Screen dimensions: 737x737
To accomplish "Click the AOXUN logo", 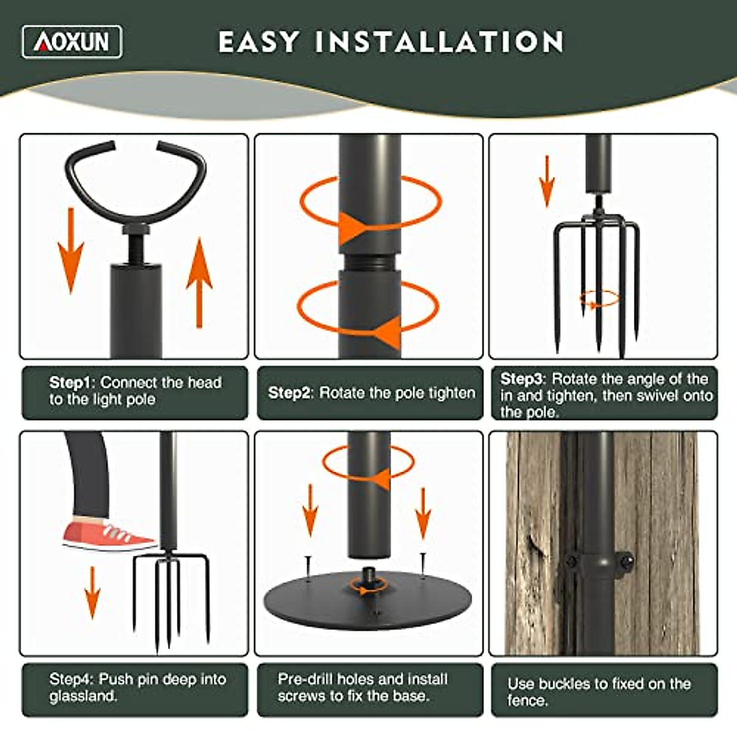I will coord(72,42).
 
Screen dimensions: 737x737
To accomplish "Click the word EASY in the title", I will coord(259,42).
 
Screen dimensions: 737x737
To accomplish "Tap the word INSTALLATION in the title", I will coord(439,42).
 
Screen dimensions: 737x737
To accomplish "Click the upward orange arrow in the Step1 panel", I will coord(199,282).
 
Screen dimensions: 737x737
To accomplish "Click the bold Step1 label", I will coord(69,383).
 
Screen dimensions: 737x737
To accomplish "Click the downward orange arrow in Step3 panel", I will coord(546,181).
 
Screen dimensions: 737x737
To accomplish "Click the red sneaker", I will coord(108,536).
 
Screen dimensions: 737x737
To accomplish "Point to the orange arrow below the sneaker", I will coord(92,593).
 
